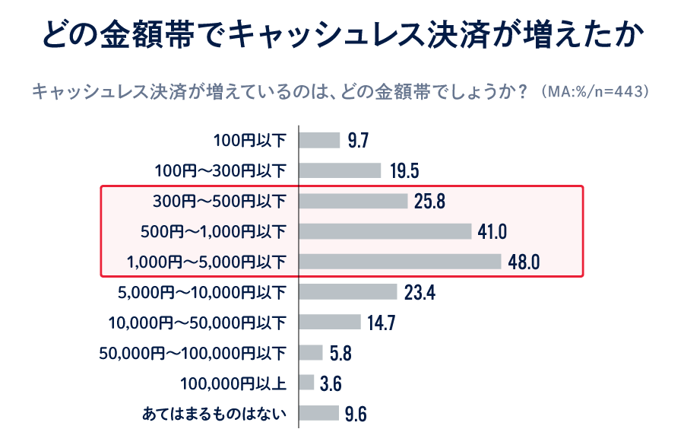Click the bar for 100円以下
319,140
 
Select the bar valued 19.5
340,170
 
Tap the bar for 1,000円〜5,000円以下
400,262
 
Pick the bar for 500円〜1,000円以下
385,231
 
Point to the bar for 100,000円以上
306,383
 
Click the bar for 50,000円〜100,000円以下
311,352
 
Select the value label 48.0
524,262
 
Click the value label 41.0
492,232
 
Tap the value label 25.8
429,202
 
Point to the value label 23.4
419,293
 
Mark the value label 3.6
331,383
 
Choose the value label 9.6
356,414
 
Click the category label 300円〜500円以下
220,202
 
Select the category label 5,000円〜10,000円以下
202,292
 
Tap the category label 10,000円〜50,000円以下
198,322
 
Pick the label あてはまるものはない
214,414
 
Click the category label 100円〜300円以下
220,170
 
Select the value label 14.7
381,323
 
